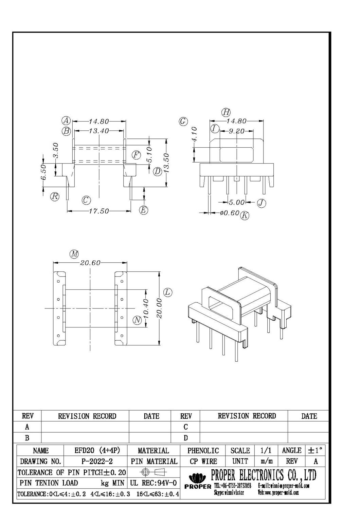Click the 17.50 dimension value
pyautogui.click(x=99, y=211)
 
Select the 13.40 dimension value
pyautogui.click(x=99, y=131)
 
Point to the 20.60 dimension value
pyautogui.click(x=90, y=263)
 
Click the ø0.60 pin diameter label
pyautogui.click(x=230, y=213)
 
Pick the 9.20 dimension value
pyautogui.click(x=236, y=131)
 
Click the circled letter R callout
pyautogui.click(x=55, y=196)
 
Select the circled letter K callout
pyautogui.click(x=245, y=215)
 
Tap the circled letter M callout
pyautogui.click(x=74, y=254)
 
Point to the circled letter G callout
pyautogui.click(x=183, y=121)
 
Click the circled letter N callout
pyautogui.click(x=137, y=320)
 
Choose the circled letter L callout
pyautogui.click(x=167, y=292)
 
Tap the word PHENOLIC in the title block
pyautogui.click(x=203, y=451)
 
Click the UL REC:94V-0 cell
pyautogui.click(x=154, y=483)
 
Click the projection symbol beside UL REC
pyautogui.click(x=154, y=472)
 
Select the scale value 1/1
pyautogui.click(x=266, y=451)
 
